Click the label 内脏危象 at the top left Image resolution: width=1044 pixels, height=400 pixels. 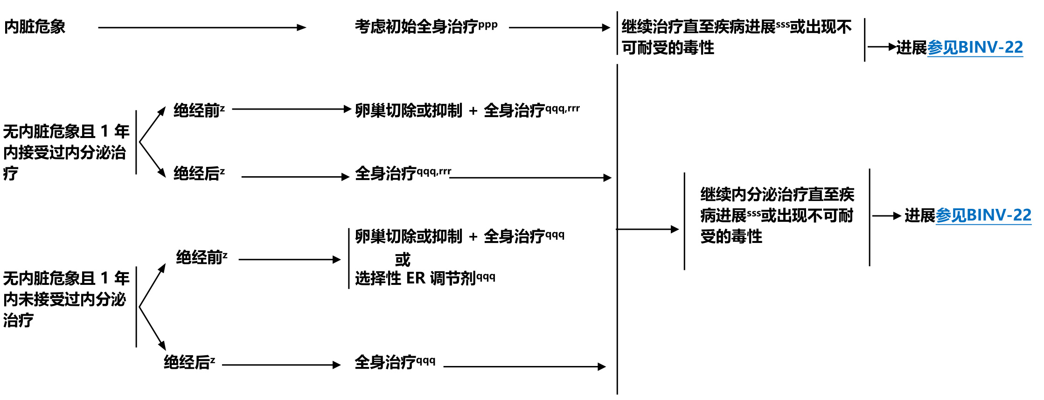point(35,27)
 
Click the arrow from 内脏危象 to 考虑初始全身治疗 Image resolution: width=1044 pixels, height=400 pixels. point(202,28)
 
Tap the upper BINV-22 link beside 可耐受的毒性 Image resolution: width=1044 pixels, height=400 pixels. point(975,48)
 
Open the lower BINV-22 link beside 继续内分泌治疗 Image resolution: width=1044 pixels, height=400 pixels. point(983,215)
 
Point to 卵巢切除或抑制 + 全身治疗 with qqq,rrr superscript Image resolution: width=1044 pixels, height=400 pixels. point(466,110)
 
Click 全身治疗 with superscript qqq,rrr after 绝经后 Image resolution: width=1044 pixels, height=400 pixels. point(402,173)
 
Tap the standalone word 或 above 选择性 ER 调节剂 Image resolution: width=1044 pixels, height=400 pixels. point(403,259)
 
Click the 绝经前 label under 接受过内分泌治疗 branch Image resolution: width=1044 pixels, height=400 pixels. point(199,110)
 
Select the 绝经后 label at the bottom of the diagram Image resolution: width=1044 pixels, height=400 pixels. point(189,362)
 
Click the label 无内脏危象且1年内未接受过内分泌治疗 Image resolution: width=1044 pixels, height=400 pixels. point(65,299)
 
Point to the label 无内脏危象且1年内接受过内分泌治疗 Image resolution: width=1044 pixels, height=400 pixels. point(65,152)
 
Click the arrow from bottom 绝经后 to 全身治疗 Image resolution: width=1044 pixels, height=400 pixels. point(281,365)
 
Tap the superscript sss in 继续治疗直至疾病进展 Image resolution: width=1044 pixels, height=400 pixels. point(783,24)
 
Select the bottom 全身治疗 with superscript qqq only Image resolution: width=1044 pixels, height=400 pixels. point(394,362)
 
